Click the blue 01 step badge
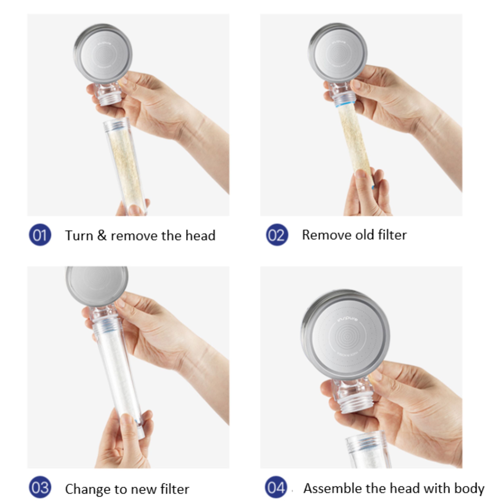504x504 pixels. pos(40,235)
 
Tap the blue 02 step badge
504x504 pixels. pos(277,235)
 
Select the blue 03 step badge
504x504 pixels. pos(40,487)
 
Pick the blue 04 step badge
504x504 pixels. pos(276,487)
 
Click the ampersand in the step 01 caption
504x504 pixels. pos(102,235)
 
